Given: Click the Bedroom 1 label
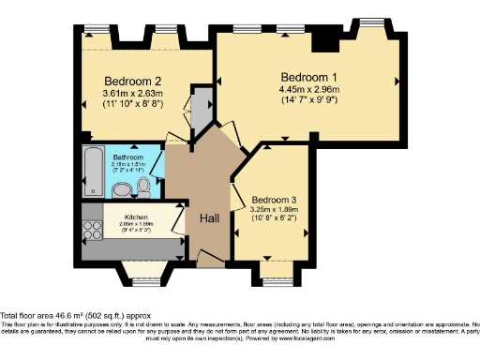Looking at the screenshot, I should click(307, 76).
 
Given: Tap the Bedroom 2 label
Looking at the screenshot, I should click(127, 80).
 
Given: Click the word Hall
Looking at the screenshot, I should click(209, 217).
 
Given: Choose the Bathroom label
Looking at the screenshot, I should click(127, 157).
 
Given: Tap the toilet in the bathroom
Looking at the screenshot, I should click(142, 187).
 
